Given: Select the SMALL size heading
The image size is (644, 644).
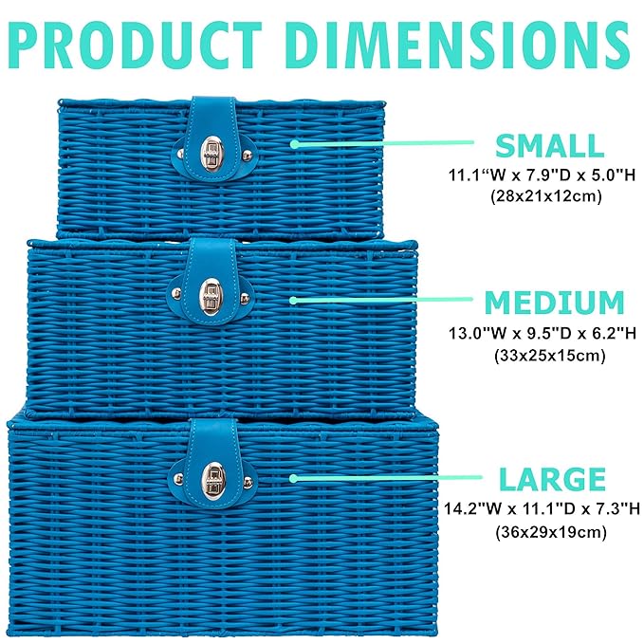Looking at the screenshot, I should [x=549, y=145].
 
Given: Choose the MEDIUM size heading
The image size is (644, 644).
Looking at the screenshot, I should [x=555, y=303].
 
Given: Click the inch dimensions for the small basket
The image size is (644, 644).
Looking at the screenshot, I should [x=538, y=175].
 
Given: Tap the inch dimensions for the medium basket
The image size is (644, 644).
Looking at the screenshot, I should [x=539, y=334].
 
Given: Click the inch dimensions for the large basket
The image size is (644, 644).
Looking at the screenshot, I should [x=538, y=509].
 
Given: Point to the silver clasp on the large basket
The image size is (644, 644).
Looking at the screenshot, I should [x=213, y=479].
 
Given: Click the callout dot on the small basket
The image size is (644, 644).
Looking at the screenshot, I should [x=294, y=144].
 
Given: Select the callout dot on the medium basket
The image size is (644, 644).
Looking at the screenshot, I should [x=294, y=300].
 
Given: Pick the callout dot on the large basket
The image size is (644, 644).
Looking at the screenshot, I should [x=294, y=480].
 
